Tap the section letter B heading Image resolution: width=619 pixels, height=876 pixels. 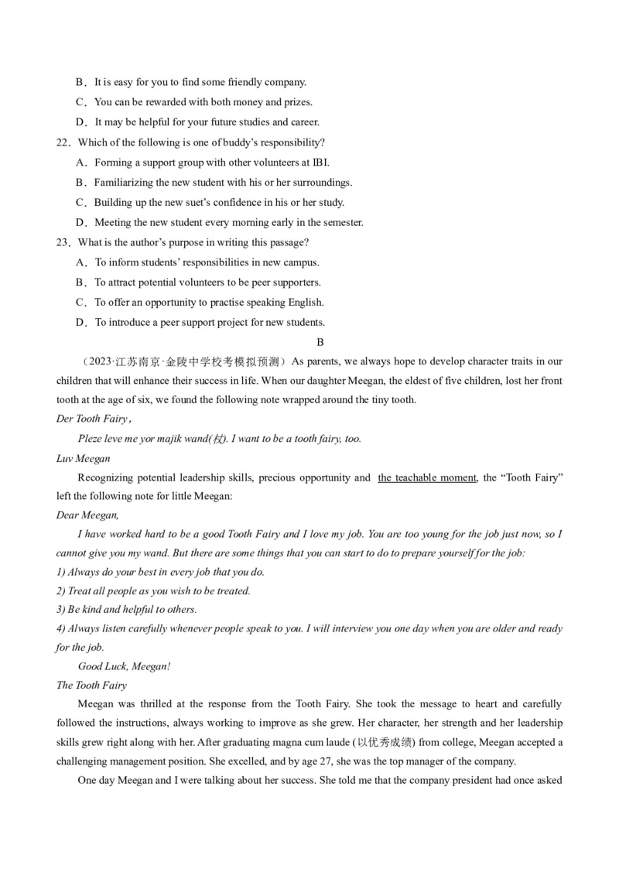[320, 342]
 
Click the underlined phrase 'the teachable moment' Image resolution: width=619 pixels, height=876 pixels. [426, 478]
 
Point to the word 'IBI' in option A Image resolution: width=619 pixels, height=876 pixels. [320, 163]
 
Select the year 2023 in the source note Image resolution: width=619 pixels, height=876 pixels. [100, 361]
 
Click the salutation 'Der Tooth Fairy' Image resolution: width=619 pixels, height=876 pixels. [92, 419]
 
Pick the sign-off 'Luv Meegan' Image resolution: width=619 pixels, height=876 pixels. [84, 459]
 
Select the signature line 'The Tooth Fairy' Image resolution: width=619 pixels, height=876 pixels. [91, 686]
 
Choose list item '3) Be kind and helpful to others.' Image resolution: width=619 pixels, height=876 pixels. [127, 610]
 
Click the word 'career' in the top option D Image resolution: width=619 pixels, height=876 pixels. [302, 122]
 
